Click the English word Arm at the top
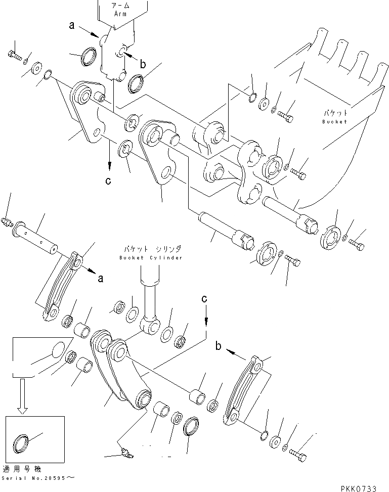click(x=120, y=14)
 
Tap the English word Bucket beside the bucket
click(x=334, y=121)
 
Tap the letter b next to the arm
click(x=143, y=64)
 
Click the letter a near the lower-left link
click(x=101, y=278)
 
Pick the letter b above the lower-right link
click(x=219, y=346)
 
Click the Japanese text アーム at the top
click(x=120, y=6)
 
